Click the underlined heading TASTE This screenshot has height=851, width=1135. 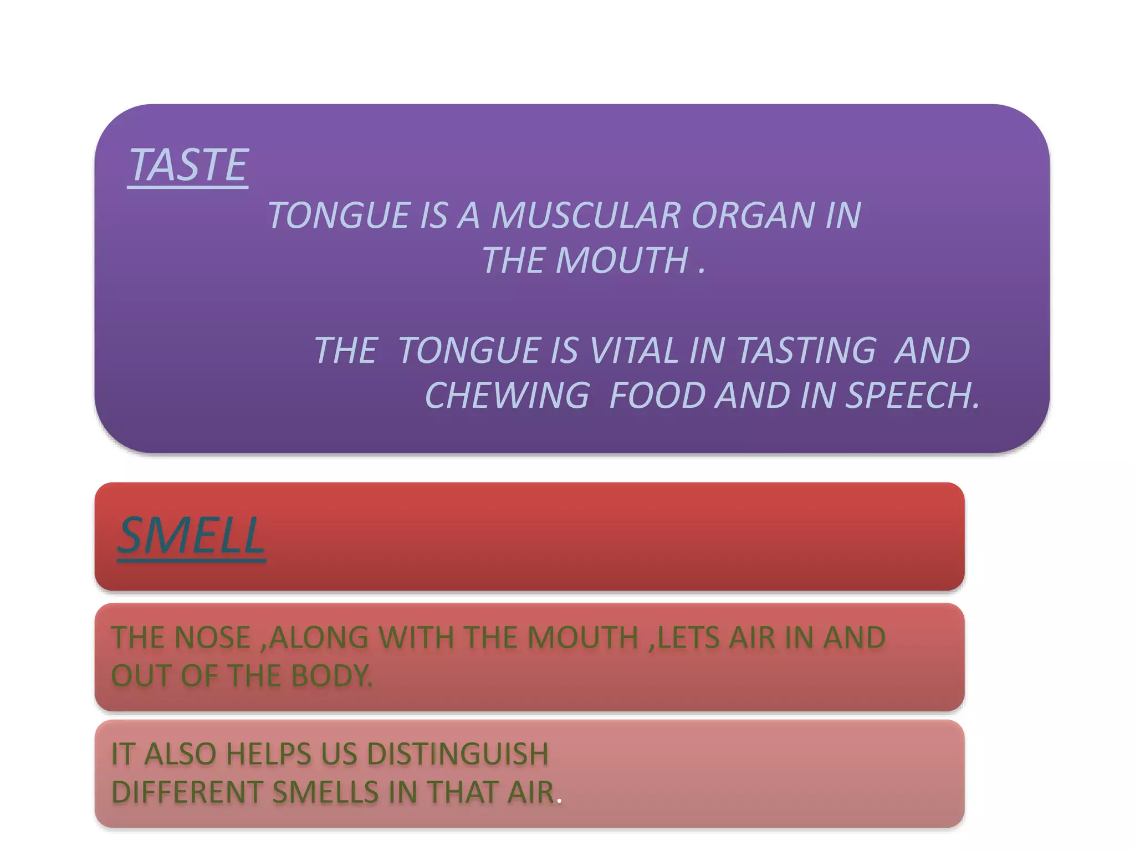point(188,165)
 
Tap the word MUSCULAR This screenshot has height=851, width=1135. point(585,215)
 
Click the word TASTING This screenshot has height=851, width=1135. point(806,351)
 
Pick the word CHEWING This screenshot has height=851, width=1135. point(507,396)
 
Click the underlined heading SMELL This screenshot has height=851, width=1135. point(191,536)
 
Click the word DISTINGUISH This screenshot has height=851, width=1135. point(458,754)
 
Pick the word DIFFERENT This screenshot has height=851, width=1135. point(187,792)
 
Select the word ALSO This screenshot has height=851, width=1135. point(180,754)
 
